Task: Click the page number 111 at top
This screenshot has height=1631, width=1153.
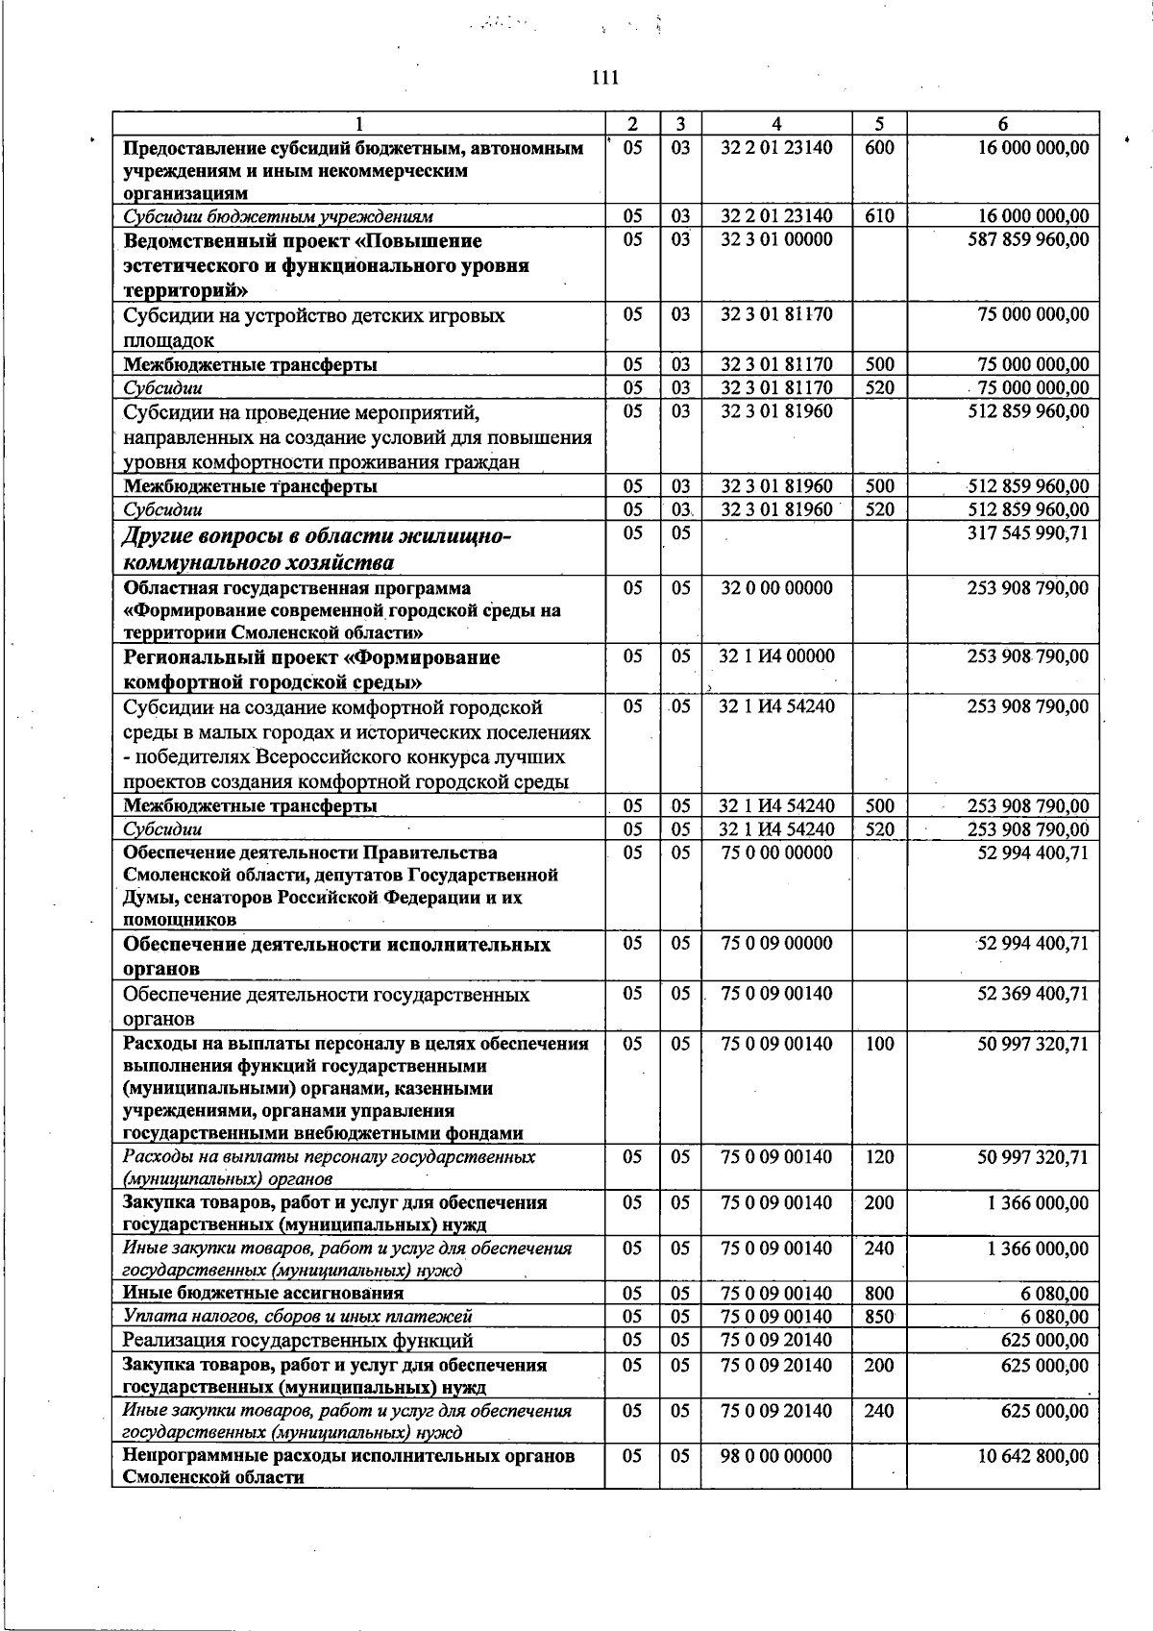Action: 605,79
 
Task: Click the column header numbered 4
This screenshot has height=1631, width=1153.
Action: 776,124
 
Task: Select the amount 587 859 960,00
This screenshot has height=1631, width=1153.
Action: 1027,239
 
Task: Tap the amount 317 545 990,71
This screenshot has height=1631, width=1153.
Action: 1027,531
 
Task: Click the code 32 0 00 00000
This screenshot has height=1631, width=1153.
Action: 776,588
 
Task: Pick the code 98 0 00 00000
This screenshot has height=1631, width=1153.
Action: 776,1456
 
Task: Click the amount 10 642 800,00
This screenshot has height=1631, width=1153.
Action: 1033,1456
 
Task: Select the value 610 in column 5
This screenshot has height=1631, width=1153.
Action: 879,216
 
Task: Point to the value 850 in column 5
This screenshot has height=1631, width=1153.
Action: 879,1317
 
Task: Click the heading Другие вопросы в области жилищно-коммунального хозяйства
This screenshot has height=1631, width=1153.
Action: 317,548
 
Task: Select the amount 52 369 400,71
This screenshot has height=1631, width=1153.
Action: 1033,994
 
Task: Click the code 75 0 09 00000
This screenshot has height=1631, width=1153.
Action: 776,944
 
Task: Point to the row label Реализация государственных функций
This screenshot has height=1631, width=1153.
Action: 298,1340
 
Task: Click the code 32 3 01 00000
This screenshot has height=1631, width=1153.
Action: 776,239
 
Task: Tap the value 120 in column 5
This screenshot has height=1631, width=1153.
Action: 879,1157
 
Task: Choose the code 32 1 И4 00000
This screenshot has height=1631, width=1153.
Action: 776,656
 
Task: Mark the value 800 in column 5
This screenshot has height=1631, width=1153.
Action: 879,1294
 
